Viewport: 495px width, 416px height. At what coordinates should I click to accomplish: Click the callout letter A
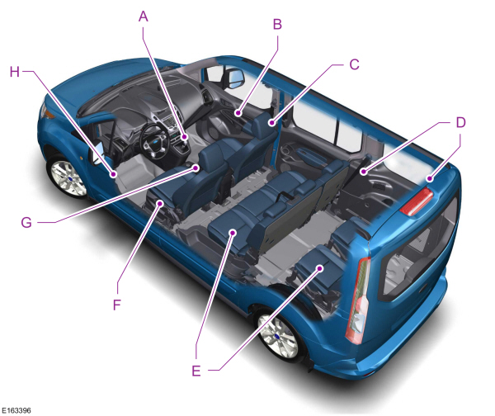tap(144, 15)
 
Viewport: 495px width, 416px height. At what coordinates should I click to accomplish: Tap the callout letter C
tap(353, 64)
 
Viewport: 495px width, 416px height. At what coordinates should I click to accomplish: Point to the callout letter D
tap(460, 122)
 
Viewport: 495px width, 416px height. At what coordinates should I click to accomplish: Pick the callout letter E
tap(196, 370)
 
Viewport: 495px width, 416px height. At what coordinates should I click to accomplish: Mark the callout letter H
tap(14, 71)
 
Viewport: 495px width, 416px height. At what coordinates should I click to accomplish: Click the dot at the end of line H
tap(114, 173)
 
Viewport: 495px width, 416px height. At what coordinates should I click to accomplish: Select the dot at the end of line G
tap(196, 166)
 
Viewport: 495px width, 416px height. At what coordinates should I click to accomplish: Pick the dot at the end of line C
tap(270, 122)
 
